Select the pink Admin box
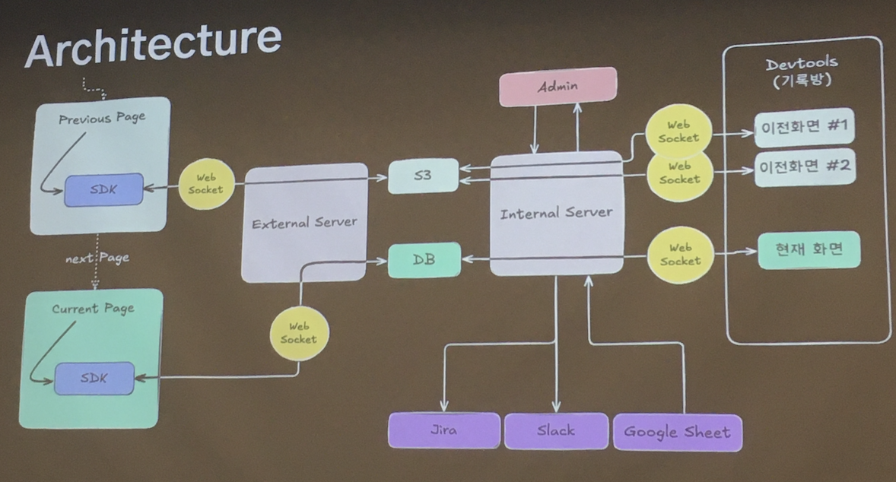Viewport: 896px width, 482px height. click(558, 87)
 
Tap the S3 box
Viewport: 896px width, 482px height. click(423, 176)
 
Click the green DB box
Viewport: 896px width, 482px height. click(424, 259)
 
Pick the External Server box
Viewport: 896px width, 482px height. click(304, 223)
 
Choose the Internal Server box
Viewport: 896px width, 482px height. click(556, 213)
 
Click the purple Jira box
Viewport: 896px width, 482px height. click(444, 430)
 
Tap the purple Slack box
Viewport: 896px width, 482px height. click(556, 430)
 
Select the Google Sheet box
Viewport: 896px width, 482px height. click(677, 432)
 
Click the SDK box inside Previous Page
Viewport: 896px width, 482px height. click(103, 189)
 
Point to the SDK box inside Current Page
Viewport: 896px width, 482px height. click(95, 378)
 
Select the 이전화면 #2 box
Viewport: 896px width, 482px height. click(805, 169)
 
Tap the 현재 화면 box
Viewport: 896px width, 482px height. click(809, 249)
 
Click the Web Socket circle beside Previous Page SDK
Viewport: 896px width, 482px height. click(205, 184)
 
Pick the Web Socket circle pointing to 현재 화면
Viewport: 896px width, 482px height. click(680, 254)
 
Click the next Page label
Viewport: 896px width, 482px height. click(97, 258)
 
